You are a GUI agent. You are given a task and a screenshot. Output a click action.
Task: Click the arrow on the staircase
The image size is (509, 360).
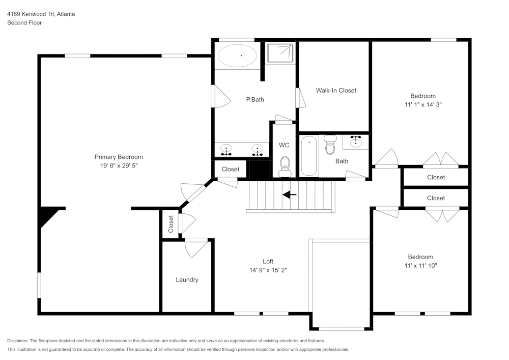[x=290, y=194]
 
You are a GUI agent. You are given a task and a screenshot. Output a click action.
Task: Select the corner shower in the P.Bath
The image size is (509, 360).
[x=280, y=52]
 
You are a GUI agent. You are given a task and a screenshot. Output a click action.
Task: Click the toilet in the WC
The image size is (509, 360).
[x=285, y=165]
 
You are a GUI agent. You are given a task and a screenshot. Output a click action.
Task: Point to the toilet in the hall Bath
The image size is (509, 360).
[x=330, y=145]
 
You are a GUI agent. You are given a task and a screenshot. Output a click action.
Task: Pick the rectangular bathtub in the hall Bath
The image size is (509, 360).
[x=309, y=155]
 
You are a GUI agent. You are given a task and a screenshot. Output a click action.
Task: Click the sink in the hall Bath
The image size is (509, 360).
[x=356, y=142]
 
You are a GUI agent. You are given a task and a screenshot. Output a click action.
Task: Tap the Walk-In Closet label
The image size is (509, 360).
[x=336, y=91]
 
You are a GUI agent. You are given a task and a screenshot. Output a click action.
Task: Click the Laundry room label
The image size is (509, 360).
[x=187, y=280]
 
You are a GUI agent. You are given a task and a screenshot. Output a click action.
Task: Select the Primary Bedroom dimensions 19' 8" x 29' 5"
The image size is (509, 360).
[x=119, y=165]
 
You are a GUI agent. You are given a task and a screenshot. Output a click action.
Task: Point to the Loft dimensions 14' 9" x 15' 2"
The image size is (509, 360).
[x=268, y=270]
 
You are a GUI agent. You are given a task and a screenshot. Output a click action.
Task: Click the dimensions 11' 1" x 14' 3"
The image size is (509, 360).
[x=423, y=105]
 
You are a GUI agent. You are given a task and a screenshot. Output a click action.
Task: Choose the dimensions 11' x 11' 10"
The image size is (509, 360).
[x=420, y=266]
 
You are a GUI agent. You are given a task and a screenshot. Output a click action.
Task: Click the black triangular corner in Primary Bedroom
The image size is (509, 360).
[x=47, y=213]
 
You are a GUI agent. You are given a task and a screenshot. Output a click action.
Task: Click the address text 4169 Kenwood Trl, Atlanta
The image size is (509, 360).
[x=41, y=14]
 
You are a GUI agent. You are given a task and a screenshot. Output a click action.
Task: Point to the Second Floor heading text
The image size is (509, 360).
[x=24, y=23]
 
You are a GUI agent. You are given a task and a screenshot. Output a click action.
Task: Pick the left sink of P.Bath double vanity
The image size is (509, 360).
[x=226, y=150]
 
